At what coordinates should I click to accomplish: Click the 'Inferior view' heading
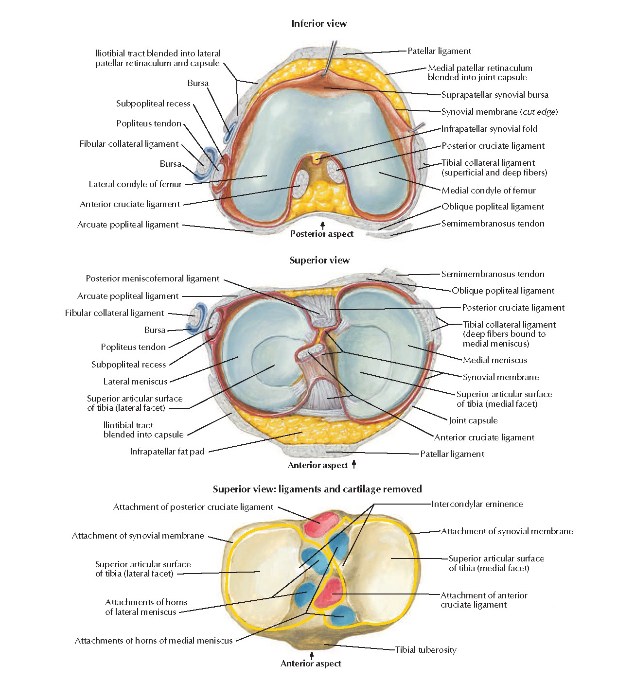319,23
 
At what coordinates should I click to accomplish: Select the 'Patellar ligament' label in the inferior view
439,51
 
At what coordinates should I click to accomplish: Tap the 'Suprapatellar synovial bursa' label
494,95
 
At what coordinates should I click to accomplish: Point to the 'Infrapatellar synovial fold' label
489,129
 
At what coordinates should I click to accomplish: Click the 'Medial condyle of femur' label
488,191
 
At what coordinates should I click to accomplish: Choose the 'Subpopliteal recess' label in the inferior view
153,104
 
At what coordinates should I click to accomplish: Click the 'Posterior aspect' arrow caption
321,234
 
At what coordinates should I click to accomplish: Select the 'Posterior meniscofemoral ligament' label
153,279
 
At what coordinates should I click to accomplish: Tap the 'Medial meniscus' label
494,360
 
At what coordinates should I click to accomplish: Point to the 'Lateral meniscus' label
135,382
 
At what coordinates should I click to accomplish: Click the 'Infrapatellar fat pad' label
167,452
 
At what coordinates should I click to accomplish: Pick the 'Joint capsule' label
473,420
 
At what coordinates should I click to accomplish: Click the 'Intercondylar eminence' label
477,504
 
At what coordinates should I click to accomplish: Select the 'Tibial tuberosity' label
425,650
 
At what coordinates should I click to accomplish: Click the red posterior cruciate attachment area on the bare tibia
320,523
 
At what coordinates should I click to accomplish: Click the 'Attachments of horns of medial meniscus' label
154,641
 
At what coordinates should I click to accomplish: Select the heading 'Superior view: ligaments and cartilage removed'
317,489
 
